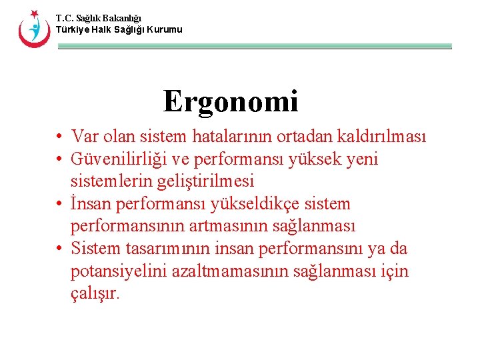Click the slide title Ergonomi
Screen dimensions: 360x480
[x=231, y=101]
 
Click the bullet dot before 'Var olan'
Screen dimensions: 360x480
[x=60, y=137]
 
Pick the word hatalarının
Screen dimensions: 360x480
[x=229, y=137]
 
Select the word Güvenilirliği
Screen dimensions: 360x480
[x=122, y=159]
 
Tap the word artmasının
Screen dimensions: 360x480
[x=229, y=226]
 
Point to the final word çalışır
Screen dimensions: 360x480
[x=95, y=294]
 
